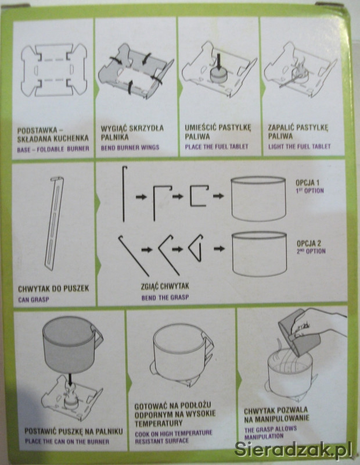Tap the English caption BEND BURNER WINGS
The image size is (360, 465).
130,148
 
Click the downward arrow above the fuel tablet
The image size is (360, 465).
219,62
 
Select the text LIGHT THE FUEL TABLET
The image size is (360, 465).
299,146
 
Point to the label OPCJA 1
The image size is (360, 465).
307,183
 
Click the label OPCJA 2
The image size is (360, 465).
309,244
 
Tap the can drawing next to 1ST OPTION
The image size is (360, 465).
258,198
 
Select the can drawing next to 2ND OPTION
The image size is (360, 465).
260,254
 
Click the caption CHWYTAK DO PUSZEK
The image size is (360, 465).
53,288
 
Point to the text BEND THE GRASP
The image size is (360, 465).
165,298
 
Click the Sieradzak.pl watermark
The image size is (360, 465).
293,449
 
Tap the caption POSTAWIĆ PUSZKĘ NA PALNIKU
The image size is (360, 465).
74,431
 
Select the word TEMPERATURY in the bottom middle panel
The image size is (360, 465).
159,423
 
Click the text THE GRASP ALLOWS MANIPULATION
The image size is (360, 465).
270,432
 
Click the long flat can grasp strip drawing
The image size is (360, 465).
54,223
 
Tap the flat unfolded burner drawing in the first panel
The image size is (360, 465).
54,70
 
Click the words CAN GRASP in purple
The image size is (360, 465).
34,299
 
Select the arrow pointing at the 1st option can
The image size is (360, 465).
218,196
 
